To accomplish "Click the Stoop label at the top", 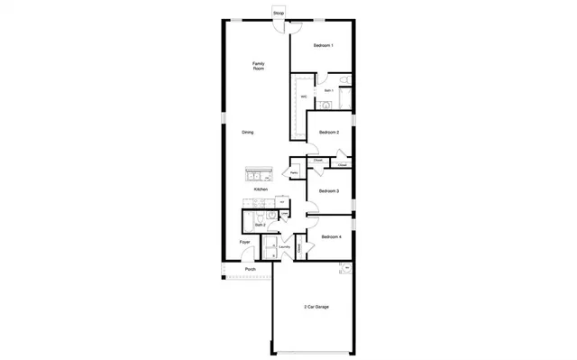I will [x=279, y=14].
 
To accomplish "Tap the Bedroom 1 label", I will [x=323, y=45].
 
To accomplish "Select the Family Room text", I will [x=258, y=66].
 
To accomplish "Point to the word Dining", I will [x=247, y=133].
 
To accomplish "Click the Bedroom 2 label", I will [x=329, y=133].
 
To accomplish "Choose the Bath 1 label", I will [x=329, y=90].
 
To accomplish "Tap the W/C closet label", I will [x=304, y=96].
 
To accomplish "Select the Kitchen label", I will [x=261, y=189].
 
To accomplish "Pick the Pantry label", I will [x=294, y=172].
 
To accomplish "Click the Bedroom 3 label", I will [x=329, y=191].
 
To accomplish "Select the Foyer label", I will [x=244, y=243].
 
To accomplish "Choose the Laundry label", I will [x=285, y=247].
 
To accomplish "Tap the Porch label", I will [x=251, y=269].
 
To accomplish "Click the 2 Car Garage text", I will [x=316, y=307].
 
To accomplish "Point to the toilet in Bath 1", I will [x=328, y=105].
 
